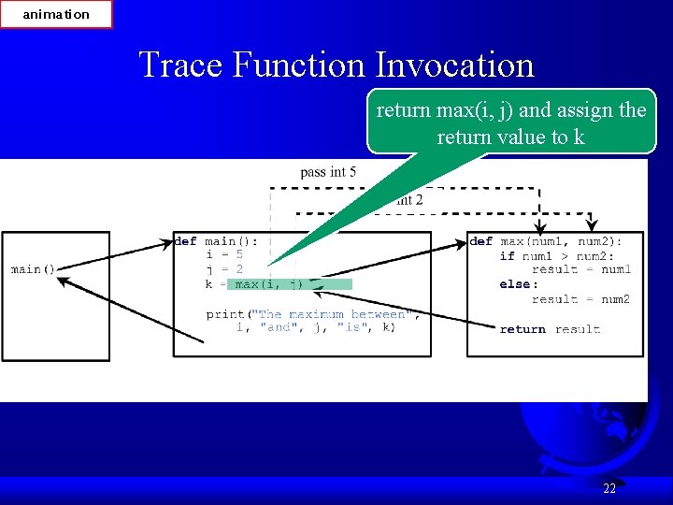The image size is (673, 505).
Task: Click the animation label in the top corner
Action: click(56, 14)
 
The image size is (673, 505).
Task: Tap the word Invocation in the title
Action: click(454, 65)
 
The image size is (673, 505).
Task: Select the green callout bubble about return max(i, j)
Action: click(510, 123)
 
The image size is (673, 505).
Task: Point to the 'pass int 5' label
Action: click(327, 172)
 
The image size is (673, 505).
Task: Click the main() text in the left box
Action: click(34, 269)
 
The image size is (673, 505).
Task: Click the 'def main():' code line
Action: click(216, 240)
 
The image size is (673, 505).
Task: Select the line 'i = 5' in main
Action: click(224, 254)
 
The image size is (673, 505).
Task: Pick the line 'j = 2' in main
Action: click(224, 269)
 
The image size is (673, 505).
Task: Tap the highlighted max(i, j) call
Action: click(269, 284)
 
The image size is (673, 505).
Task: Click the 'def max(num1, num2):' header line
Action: click(546, 240)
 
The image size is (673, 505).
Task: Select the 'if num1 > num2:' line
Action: click(556, 255)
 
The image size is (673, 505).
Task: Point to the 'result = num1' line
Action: click(580, 269)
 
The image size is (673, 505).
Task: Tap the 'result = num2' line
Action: click(580, 299)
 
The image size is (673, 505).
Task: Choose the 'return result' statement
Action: click(550, 329)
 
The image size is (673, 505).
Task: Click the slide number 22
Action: click(609, 488)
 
